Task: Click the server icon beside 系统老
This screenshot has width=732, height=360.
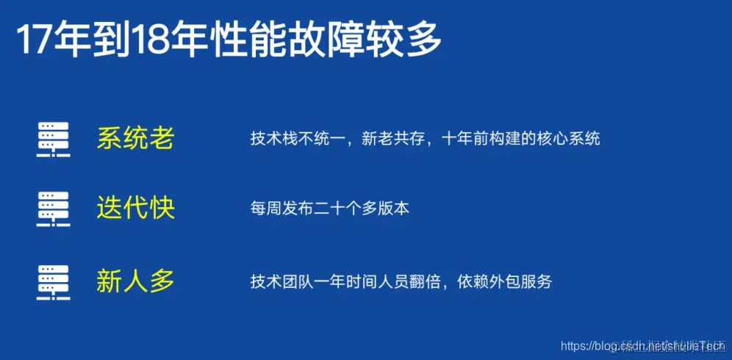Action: coord(53,138)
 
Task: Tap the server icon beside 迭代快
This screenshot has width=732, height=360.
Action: coord(53,209)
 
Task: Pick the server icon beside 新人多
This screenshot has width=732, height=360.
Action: coord(53,281)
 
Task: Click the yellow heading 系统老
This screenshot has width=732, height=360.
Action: coord(135,138)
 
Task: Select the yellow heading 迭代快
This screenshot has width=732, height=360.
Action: coord(135,209)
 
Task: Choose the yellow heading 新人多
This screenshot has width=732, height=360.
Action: coord(135,281)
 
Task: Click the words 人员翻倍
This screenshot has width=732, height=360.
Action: coord(409,281)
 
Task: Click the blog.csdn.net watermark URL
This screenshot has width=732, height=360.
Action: coord(642,345)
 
